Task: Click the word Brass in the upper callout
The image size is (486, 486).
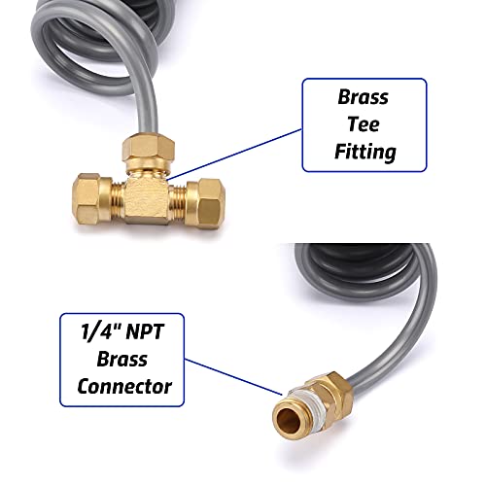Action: pos(363,97)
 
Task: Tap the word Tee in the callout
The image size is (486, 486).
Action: pos(364,124)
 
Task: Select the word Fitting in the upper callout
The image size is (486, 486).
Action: pos(365,153)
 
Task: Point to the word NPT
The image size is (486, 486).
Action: pos(145,331)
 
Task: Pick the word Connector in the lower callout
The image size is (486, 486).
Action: pos(124,386)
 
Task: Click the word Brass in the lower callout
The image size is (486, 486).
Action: pos(122,359)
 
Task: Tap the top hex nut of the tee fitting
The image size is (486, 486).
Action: pos(149,148)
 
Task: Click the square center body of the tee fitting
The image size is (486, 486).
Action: pos(147,198)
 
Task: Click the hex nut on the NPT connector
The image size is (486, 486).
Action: pos(333,397)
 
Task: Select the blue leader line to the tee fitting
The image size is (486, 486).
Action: pos(234,154)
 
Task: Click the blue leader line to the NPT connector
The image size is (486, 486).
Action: pos(233,377)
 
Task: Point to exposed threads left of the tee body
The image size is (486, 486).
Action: pos(119,197)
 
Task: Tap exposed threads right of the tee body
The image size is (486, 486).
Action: pos(177,200)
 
